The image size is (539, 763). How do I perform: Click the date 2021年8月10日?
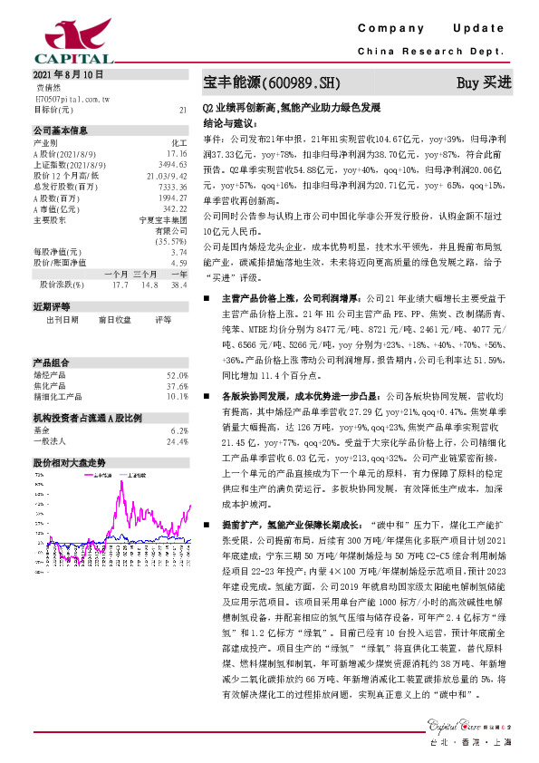(69, 74)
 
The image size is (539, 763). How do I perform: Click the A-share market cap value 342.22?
(175, 208)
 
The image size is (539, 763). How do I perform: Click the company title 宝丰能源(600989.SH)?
(273, 83)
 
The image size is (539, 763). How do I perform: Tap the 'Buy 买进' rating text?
(484, 83)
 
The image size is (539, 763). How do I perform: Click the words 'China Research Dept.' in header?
(436, 53)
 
